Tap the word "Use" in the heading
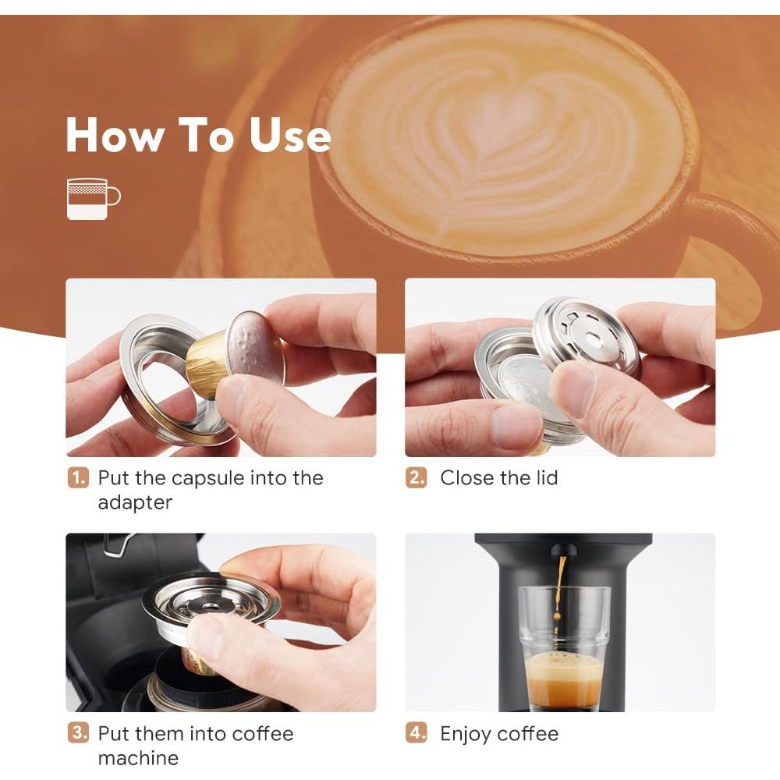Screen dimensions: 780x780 point(290,135)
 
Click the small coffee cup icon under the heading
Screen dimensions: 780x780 point(93,199)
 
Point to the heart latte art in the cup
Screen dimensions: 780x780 point(499,148)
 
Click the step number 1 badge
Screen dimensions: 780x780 point(77,478)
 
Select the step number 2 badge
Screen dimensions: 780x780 point(417,478)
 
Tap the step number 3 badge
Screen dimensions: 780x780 point(77,734)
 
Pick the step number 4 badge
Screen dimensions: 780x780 point(417,734)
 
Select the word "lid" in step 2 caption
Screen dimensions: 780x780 point(544,478)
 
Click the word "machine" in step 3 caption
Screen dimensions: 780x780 point(138,758)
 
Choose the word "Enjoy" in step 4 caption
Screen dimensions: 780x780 point(466,735)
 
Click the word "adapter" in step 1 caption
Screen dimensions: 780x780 point(134,503)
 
